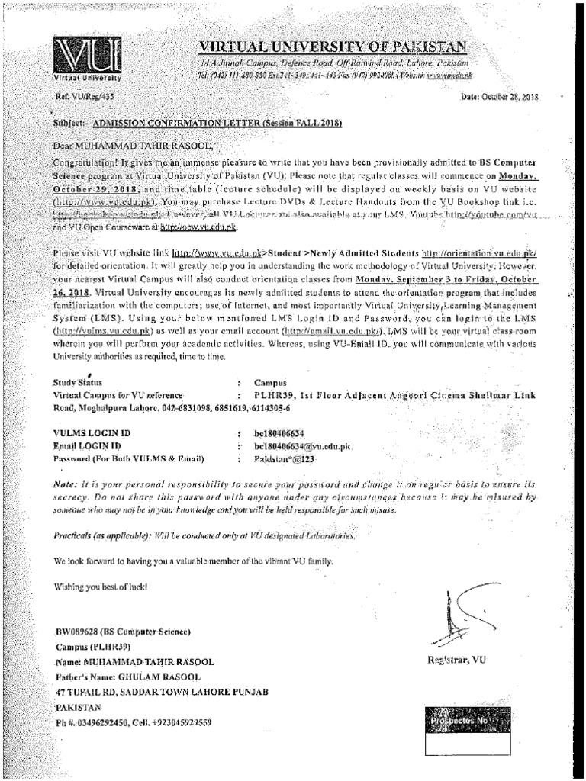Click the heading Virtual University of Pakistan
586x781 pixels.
[330, 47]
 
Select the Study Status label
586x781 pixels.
[77, 381]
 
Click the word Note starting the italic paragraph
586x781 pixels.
[66, 484]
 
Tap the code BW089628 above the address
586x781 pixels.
[77, 632]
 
